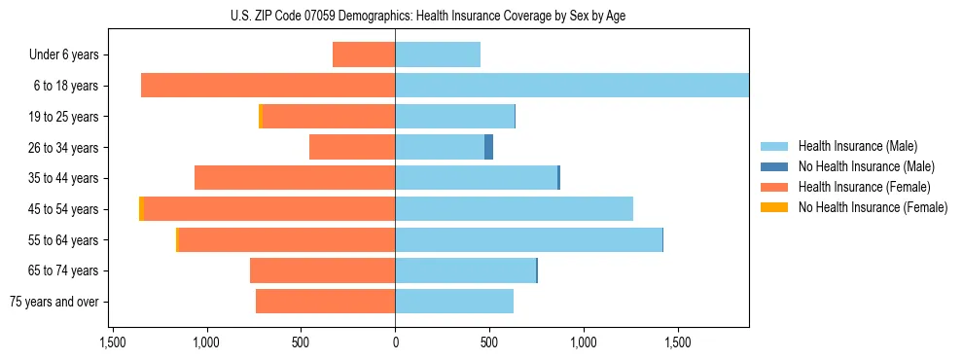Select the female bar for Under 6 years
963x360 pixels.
364,54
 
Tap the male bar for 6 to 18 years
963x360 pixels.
572,86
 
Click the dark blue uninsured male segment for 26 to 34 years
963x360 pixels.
488,147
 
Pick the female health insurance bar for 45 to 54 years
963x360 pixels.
269,209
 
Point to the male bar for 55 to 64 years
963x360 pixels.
528,239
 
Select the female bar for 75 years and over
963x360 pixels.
325,302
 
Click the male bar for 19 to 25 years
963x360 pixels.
454,117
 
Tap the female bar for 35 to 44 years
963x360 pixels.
295,178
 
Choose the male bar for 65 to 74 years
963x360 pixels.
465,270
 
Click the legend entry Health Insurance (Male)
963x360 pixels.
857,146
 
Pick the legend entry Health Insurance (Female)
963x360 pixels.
864,187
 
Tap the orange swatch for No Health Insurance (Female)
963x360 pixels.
774,207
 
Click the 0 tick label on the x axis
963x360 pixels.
395,342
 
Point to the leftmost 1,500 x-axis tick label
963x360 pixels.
113,342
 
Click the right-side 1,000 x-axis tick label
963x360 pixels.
584,342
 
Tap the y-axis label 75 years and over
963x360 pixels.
53,302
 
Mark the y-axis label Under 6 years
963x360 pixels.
63,54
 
